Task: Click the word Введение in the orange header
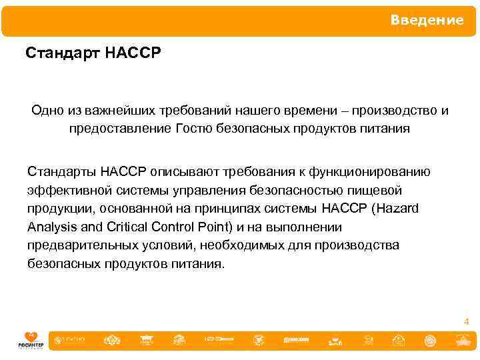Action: coord(427,20)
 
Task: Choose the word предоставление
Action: coord(111,128)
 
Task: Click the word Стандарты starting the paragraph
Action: coord(62,172)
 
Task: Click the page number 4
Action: coord(466,322)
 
